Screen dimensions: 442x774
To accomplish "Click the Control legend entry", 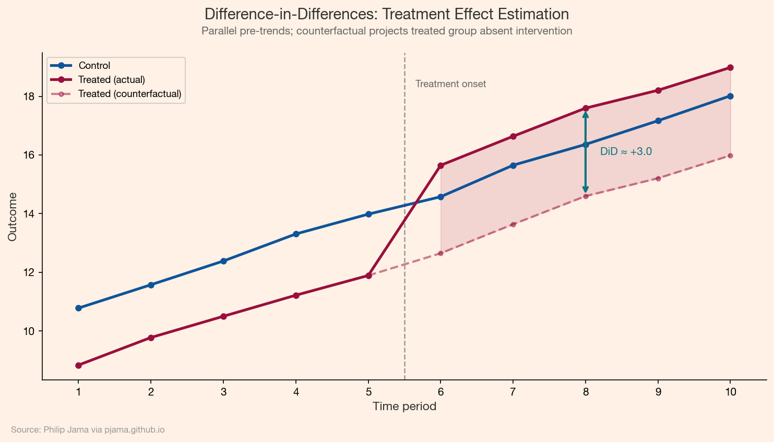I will coord(94,66).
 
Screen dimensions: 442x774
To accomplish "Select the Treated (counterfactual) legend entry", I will coord(129,94).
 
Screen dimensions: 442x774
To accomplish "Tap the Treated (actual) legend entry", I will coord(111,80).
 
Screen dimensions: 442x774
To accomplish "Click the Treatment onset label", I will coord(450,84).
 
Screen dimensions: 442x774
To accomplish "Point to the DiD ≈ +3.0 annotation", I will coord(626,152).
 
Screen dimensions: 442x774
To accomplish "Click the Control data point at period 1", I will coord(78,308).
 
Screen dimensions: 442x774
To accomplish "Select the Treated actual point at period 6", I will coord(440,165).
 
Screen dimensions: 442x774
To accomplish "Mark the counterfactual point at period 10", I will coord(730,156).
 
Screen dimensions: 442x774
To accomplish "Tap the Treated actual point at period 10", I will coord(730,68).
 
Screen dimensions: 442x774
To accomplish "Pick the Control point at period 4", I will coord(296,234).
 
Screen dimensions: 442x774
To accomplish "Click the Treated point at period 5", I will coord(368,276).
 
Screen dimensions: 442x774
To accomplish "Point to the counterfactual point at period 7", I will coord(513,224).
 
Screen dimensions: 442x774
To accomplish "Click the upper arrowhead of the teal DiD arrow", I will coord(586,114).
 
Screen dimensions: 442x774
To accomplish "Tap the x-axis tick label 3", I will coord(223,392).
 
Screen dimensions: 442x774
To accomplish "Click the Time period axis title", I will coord(404,407).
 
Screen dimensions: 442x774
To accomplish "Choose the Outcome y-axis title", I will coord(13,217).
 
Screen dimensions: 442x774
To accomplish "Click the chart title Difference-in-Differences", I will coord(386,14).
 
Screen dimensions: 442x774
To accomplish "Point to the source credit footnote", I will coord(88,430).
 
